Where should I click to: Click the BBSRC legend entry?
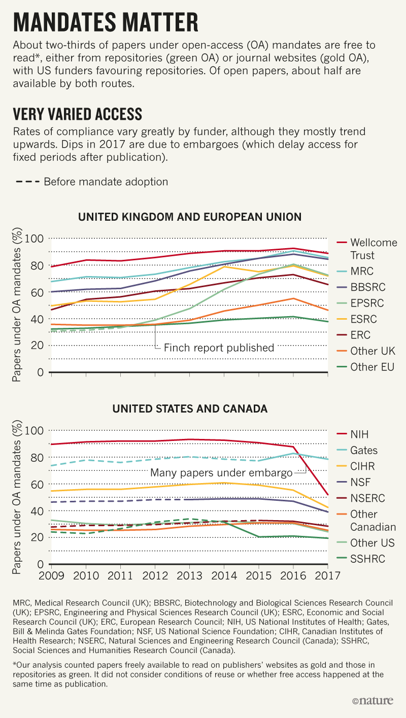pos(367,287)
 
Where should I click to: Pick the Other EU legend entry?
pos(372,367)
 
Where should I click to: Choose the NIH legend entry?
pos(359,434)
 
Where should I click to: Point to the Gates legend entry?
pos(364,450)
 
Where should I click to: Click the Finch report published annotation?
pos(219,348)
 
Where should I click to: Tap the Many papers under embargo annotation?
pos(222,473)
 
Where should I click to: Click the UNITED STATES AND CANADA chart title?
pos(190,408)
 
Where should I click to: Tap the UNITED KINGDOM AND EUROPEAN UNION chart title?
pos(190,217)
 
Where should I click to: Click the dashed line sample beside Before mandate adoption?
pos(25,182)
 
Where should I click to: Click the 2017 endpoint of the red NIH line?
pos(328,495)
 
